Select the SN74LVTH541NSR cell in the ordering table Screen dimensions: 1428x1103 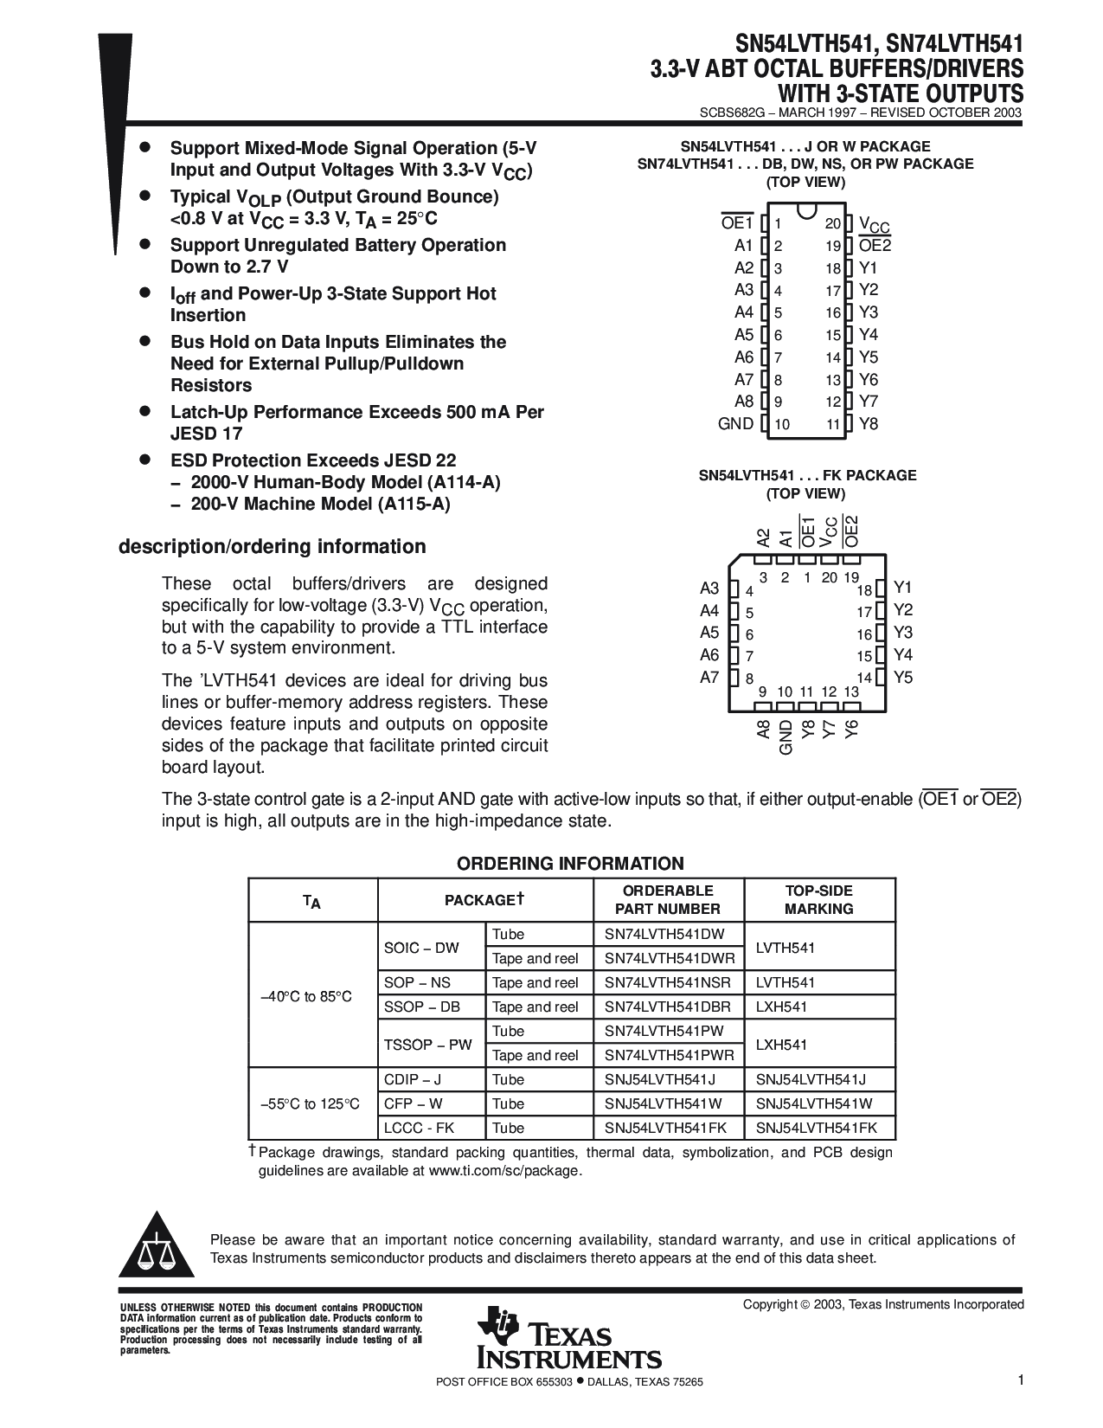[x=667, y=982]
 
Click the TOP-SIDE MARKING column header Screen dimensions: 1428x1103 [x=818, y=899]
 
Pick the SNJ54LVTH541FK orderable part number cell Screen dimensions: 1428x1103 [x=665, y=1128]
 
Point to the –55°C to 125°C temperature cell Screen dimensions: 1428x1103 [x=310, y=1103]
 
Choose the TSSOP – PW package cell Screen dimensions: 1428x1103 [x=428, y=1045]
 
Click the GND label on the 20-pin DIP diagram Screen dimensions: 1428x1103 [x=735, y=424]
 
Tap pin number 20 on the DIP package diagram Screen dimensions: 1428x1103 [x=832, y=223]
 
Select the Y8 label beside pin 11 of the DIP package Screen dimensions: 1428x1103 [x=869, y=424]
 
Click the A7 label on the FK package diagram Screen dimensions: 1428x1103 [x=709, y=678]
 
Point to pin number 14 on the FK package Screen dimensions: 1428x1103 [x=863, y=679]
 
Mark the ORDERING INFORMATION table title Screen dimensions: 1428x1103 [x=570, y=864]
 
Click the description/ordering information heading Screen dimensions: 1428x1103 [x=272, y=546]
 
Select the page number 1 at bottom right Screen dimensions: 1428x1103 [x=1021, y=1381]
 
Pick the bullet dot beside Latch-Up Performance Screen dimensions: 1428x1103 [x=146, y=410]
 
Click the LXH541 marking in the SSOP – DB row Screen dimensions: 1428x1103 [x=781, y=1007]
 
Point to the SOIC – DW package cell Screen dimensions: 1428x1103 [x=421, y=948]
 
